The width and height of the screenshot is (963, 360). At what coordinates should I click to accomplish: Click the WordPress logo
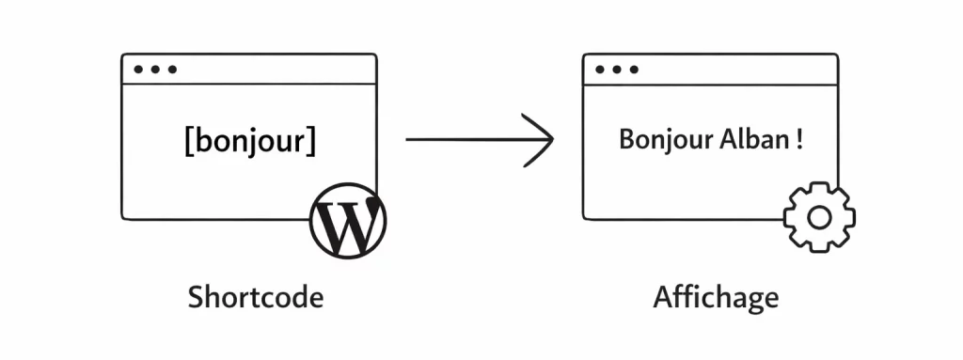[348, 220]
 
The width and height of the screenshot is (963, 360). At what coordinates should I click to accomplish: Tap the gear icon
[819, 217]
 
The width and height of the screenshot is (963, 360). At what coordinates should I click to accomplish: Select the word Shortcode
[256, 297]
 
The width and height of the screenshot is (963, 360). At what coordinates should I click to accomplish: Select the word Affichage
[716, 297]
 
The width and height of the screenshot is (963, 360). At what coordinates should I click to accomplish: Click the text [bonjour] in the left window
[250, 141]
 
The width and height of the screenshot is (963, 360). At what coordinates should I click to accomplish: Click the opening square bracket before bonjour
[190, 141]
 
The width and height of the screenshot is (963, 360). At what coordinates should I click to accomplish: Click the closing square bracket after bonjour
[311, 141]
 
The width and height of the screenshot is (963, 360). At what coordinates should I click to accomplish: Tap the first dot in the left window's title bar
[138, 70]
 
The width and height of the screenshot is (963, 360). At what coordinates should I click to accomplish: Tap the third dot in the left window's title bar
[172, 70]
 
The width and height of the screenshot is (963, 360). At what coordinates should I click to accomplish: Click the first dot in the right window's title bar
[600, 70]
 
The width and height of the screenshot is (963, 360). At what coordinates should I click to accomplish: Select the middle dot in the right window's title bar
[617, 70]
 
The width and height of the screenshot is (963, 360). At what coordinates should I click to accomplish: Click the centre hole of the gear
[819, 218]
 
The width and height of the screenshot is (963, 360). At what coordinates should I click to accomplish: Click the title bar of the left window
[273, 70]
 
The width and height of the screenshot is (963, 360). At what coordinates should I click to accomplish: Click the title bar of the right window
[734, 70]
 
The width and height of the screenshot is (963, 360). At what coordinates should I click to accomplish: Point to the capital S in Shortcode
[196, 297]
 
